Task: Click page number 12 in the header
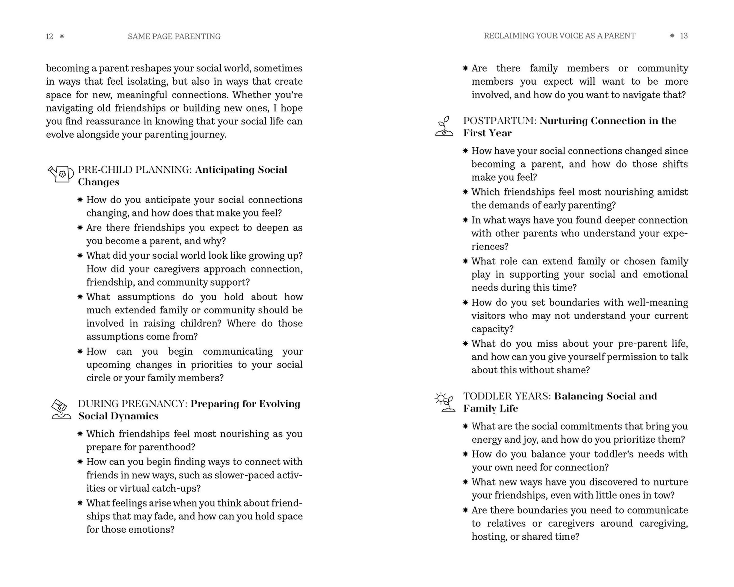pos(49,36)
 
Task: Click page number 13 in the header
pos(684,36)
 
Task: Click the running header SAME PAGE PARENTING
pos(174,36)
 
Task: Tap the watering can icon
pos(61,174)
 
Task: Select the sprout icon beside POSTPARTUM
pos(444,126)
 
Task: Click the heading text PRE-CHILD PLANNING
pos(135,169)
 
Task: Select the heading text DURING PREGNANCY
pos(133,404)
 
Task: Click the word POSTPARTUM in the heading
pos(500,121)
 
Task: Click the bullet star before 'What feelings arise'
pos(80,503)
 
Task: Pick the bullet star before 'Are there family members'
pos(465,68)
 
